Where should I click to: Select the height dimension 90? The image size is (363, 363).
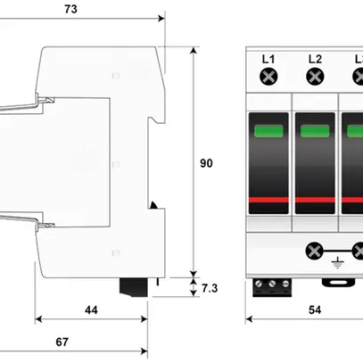click(206, 163)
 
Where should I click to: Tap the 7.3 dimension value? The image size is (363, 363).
click(209, 289)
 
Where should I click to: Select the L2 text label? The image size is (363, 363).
click(314, 60)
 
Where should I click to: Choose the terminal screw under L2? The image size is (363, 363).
click(314, 78)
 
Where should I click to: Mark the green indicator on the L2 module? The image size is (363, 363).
click(314, 132)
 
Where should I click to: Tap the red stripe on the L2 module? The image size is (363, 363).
click(314, 202)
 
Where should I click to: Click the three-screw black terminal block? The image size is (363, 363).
click(270, 285)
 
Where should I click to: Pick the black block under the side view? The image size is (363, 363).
click(136, 286)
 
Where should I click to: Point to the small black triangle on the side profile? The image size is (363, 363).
click(153, 206)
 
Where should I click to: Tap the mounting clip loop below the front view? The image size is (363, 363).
click(337, 285)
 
